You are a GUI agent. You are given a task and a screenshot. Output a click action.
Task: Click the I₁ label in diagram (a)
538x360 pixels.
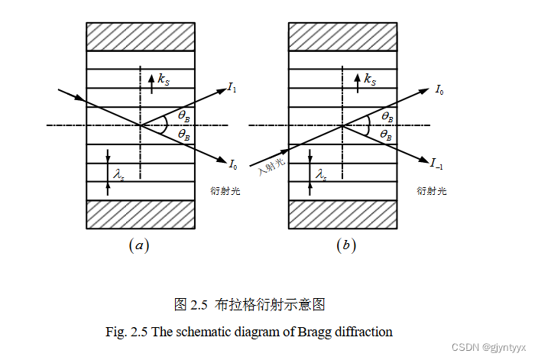tap(232, 88)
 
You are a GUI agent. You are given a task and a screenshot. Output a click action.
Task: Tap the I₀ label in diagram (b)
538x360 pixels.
tap(439, 90)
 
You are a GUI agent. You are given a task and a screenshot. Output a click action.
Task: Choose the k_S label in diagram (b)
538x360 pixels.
tap(368, 79)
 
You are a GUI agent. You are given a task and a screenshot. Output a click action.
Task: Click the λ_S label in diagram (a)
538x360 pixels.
tap(118, 176)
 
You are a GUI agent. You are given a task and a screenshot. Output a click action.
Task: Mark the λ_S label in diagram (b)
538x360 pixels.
tap(322, 175)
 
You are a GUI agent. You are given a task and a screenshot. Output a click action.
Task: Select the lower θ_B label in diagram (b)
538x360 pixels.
tap(387, 135)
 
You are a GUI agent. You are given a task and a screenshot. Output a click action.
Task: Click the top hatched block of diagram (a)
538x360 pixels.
tap(140, 36)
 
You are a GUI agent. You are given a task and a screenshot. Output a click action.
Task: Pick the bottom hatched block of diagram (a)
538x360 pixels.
tap(140, 213)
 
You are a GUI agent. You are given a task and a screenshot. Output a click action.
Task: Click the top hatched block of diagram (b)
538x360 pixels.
tap(342, 36)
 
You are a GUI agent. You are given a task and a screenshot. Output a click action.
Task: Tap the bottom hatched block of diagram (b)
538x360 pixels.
tap(342, 213)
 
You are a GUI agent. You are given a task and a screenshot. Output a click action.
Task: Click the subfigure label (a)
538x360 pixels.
tap(138, 245)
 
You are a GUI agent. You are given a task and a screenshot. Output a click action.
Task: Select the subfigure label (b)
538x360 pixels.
tap(345, 245)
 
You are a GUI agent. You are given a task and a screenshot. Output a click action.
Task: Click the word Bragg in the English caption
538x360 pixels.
tap(307, 332)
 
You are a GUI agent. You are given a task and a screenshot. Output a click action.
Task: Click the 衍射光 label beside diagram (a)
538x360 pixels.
tap(225, 190)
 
